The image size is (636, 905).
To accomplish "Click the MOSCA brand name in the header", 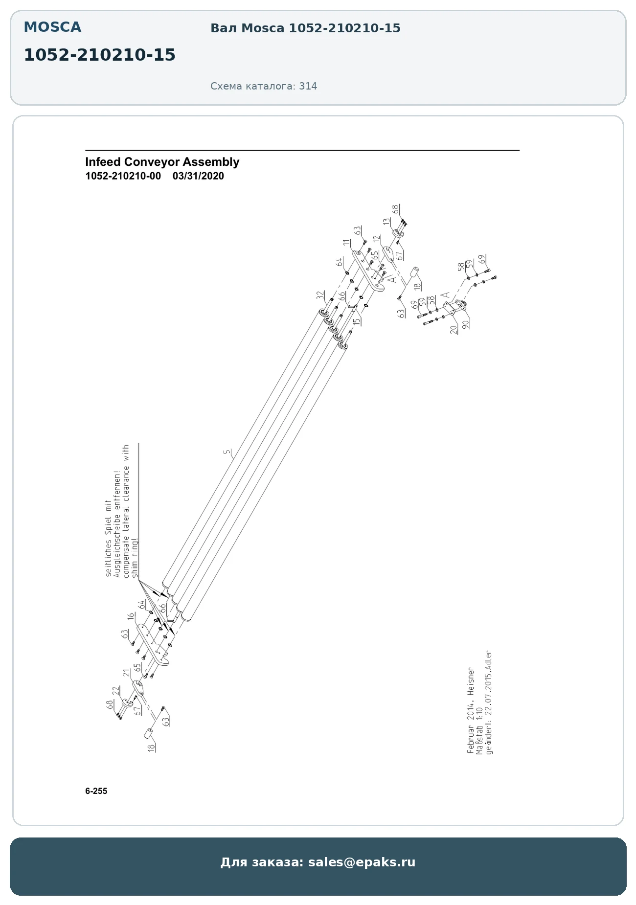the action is point(52,27).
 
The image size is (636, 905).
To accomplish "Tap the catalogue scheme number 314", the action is point(308,86).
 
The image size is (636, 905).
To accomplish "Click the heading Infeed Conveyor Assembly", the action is point(162,162).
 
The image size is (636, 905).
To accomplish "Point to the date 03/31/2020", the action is point(198,176).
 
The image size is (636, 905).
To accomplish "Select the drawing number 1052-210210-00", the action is point(123,176).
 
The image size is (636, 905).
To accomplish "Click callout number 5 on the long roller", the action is point(227,452).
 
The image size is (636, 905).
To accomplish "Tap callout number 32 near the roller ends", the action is point(320,295).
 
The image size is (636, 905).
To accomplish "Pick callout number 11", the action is point(347,243).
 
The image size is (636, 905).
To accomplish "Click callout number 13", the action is point(387,222).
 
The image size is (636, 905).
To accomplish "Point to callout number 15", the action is point(357,321).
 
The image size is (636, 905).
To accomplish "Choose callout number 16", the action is point(131,616).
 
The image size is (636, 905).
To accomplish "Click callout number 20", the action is point(454,329).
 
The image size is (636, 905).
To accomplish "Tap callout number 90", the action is point(465,323).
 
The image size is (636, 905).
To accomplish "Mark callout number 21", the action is point(126,673).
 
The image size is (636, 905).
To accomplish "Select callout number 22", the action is point(116,690).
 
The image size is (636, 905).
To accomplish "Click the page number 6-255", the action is point(96,791).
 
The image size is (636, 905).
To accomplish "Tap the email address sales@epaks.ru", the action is point(362,862).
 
